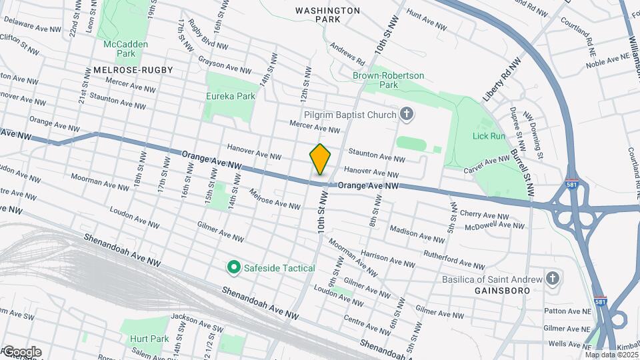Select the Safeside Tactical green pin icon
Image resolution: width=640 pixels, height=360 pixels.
pyautogui.click(x=233, y=268)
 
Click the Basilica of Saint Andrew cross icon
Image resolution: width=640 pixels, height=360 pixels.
pyautogui.click(x=552, y=277)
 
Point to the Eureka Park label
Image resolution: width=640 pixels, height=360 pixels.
pyautogui.click(x=231, y=96)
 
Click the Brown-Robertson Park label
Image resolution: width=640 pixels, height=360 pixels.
pyautogui.click(x=388, y=80)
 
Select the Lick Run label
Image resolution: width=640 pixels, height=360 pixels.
pyautogui.click(x=489, y=136)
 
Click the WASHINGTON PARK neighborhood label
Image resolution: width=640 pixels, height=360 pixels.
pyautogui.click(x=327, y=15)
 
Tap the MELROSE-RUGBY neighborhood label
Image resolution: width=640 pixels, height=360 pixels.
pyautogui.click(x=133, y=70)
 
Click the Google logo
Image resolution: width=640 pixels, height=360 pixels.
pyautogui.click(x=21, y=352)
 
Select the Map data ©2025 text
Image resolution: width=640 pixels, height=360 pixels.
pyautogui.click(x=611, y=355)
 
